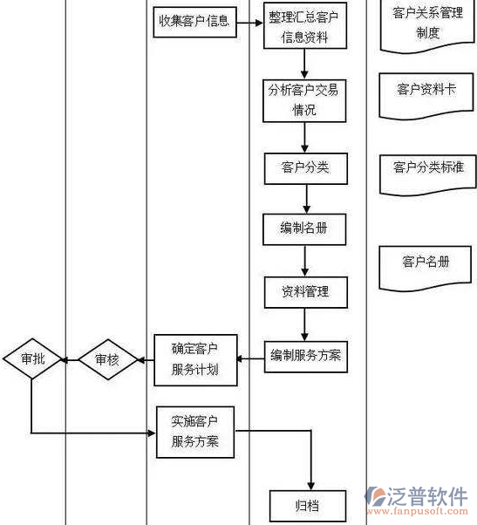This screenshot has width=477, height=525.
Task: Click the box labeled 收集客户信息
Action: pyautogui.click(x=194, y=21)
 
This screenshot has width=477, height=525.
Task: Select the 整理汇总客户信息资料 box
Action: pyautogui.click(x=306, y=26)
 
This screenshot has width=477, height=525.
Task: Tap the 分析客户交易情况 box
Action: pyautogui.click(x=304, y=99)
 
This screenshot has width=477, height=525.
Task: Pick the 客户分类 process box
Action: pyautogui.click(x=305, y=167)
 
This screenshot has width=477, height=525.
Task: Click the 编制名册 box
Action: pyautogui.click(x=304, y=228)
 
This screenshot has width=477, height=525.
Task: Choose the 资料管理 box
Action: pyautogui.click(x=305, y=291)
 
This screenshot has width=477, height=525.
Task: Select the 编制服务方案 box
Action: pyautogui.click(x=306, y=355)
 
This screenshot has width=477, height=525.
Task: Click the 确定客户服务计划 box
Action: pyautogui.click(x=194, y=359)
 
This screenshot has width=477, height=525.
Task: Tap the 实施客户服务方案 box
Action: pyautogui.click(x=195, y=431)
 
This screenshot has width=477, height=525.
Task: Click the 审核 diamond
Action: pyautogui.click(x=106, y=359)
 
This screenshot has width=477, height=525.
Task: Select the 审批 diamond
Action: pyautogui.click(x=31, y=358)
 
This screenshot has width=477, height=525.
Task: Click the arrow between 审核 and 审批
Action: pyautogui.click(x=69, y=358)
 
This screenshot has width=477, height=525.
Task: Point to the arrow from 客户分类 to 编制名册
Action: pyautogui.click(x=304, y=198)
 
